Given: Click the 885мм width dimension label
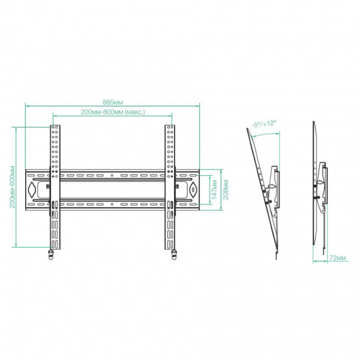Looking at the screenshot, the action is tap(113, 102).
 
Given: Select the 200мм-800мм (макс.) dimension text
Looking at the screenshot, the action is tap(113, 112).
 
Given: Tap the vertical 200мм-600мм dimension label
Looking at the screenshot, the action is tap(13, 187).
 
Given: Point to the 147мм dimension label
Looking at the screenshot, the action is tap(214, 190).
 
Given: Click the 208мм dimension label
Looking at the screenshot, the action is tap(226, 190).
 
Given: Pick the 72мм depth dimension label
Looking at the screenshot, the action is tap(338, 257).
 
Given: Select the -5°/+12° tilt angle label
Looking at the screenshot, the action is tap(263, 124).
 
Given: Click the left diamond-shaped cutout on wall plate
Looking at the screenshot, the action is tap(31, 190).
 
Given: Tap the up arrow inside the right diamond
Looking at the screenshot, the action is tap(193, 190).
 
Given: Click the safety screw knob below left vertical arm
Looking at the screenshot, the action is tap(51, 254).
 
